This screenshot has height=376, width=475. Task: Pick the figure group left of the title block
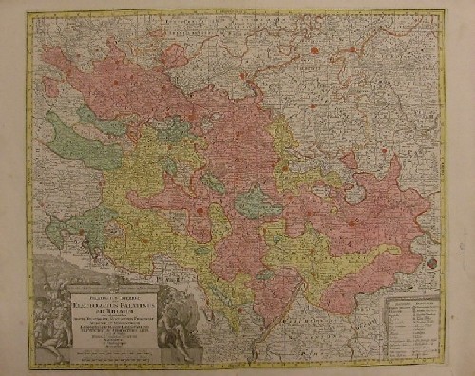60,304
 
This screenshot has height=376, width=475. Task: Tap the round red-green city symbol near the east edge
434,255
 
